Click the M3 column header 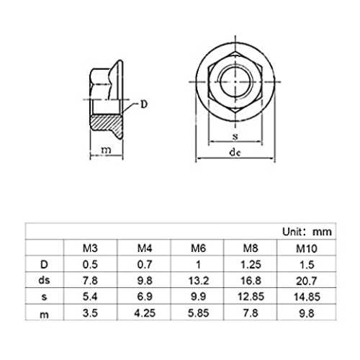(x=90, y=248)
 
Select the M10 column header (x=307, y=248)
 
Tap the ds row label (x=44, y=280)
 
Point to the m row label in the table (x=44, y=315)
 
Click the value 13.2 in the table (x=199, y=281)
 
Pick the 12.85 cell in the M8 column (x=251, y=297)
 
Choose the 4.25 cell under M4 (x=145, y=313)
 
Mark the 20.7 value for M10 (x=307, y=281)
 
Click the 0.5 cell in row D (x=90, y=264)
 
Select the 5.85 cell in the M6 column (x=199, y=313)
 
